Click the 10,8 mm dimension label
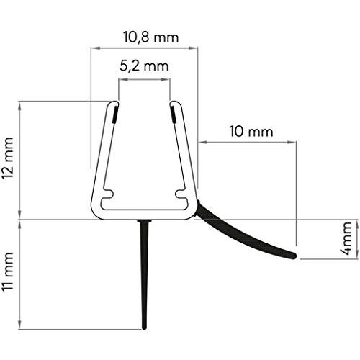coord(151,37)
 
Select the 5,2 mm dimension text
coord(144,66)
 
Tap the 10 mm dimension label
coord(251,132)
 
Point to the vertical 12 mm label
coord(7,158)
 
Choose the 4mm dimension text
coord(346,238)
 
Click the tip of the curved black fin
coord(294,256)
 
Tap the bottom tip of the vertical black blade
coord(144,328)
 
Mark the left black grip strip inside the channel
coord(115,114)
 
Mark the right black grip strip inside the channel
coord(174,114)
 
